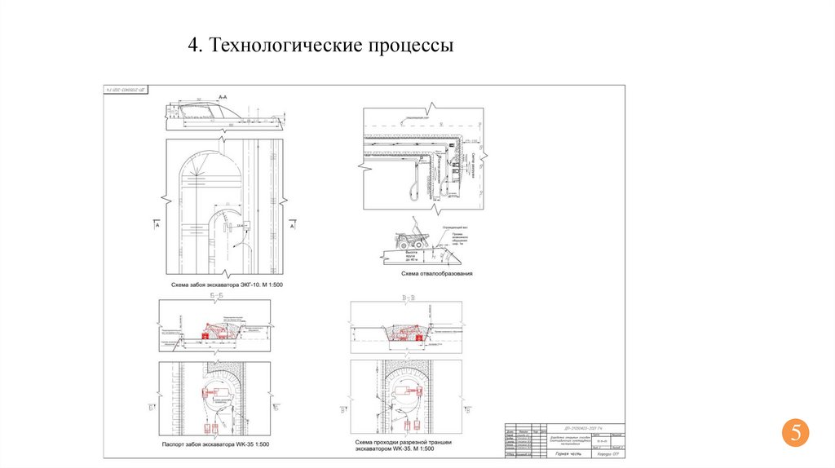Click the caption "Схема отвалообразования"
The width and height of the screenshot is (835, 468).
pyautogui.click(x=436, y=274)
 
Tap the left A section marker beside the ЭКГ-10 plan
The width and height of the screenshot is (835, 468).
pyautogui.click(x=155, y=224)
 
